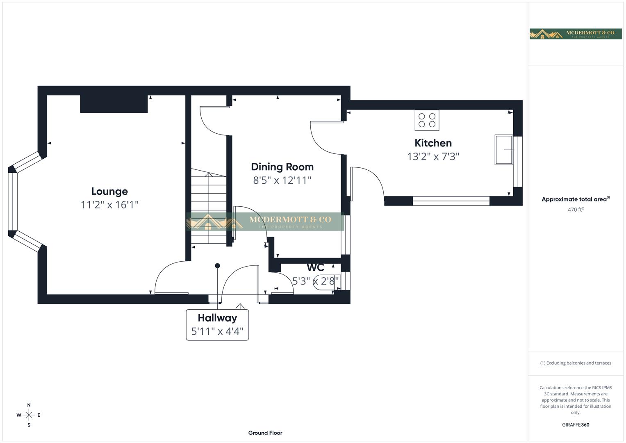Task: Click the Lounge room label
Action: tap(109, 191)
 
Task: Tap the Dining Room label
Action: tap(282, 167)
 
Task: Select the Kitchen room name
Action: tap(433, 143)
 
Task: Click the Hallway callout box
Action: tap(217, 324)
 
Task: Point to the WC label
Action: tap(315, 267)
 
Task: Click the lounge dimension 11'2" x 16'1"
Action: tap(109, 205)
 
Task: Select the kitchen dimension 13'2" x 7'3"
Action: tap(433, 156)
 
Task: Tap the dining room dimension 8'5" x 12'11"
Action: tap(282, 180)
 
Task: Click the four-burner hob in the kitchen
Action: tap(427, 120)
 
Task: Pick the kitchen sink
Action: tap(504, 150)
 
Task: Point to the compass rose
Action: tap(29, 415)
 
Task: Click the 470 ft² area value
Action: tap(575, 210)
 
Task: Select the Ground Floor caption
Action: tap(265, 433)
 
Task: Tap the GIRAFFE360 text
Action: tap(575, 425)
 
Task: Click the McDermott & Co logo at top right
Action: tap(575, 34)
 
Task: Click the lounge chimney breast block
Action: tap(114, 104)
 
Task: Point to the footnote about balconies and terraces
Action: tap(575, 363)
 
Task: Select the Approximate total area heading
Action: tap(575, 199)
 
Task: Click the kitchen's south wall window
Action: tap(451, 201)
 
